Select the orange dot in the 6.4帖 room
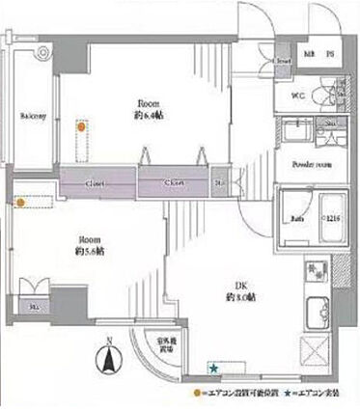82,125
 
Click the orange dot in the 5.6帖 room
20,202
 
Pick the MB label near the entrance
311,54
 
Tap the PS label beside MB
330,54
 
